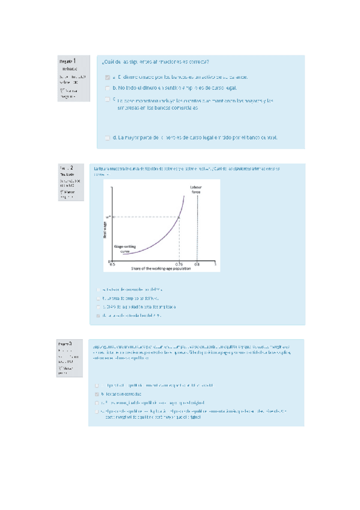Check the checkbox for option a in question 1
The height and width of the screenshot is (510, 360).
tap(107, 78)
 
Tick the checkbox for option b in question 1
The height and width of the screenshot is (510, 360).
tap(107, 88)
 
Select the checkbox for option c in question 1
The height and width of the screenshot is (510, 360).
tap(107, 99)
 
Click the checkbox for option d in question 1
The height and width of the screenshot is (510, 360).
tap(107, 138)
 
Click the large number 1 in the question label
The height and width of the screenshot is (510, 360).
tap(74, 61)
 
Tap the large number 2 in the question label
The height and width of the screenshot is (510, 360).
tap(72, 167)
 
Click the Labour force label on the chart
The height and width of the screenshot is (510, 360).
tap(197, 189)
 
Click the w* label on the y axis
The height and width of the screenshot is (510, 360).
tap(108, 217)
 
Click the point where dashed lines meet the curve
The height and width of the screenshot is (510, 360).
tap(179, 217)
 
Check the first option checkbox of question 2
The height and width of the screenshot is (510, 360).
tap(98, 288)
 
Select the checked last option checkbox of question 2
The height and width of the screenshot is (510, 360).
tap(98, 315)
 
